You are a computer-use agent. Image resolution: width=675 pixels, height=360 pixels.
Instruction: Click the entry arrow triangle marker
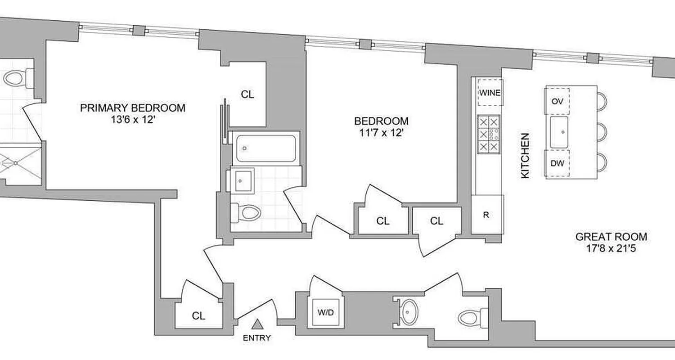(x=257, y=324)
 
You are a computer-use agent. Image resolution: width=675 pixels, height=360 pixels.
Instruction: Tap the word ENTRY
(x=257, y=338)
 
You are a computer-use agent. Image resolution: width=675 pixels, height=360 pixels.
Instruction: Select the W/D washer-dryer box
(x=325, y=313)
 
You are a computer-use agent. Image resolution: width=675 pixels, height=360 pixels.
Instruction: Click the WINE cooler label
(x=490, y=93)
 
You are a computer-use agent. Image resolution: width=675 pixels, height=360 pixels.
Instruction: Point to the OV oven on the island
(x=557, y=102)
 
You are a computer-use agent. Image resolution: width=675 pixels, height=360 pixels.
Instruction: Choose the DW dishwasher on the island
(x=557, y=164)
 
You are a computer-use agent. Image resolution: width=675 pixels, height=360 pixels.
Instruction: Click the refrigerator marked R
(x=486, y=215)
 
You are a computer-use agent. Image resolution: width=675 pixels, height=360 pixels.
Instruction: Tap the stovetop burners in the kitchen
(x=489, y=134)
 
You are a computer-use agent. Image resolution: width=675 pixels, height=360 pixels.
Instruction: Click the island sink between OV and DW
(x=560, y=132)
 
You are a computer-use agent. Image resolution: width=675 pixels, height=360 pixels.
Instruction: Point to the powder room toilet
(x=472, y=318)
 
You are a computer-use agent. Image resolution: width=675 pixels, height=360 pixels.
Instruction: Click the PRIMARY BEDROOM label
(x=133, y=108)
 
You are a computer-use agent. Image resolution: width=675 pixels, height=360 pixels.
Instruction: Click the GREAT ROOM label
(x=612, y=237)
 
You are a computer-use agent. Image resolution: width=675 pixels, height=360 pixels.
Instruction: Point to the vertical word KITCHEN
(x=525, y=156)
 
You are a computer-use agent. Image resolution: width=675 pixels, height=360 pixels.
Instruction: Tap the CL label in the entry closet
(x=198, y=316)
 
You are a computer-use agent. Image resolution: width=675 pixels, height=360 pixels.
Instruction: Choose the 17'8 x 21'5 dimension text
(x=612, y=248)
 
